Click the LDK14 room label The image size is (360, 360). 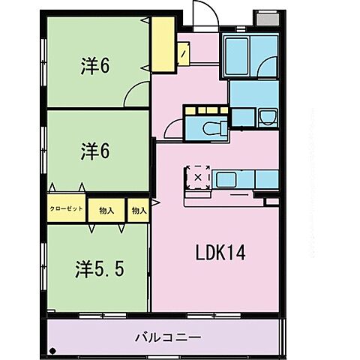click(220, 254)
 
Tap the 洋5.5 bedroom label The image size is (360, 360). click(99, 268)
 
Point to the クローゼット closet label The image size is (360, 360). click(66, 210)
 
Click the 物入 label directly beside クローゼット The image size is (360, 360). click(106, 211)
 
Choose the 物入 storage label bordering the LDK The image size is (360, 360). click(138, 211)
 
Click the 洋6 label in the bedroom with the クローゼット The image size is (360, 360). click(96, 151)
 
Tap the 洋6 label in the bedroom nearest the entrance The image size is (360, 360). click(96, 66)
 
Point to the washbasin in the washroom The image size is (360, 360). click(268, 116)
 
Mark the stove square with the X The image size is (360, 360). click(198, 178)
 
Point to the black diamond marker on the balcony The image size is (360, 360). click(52, 350)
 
